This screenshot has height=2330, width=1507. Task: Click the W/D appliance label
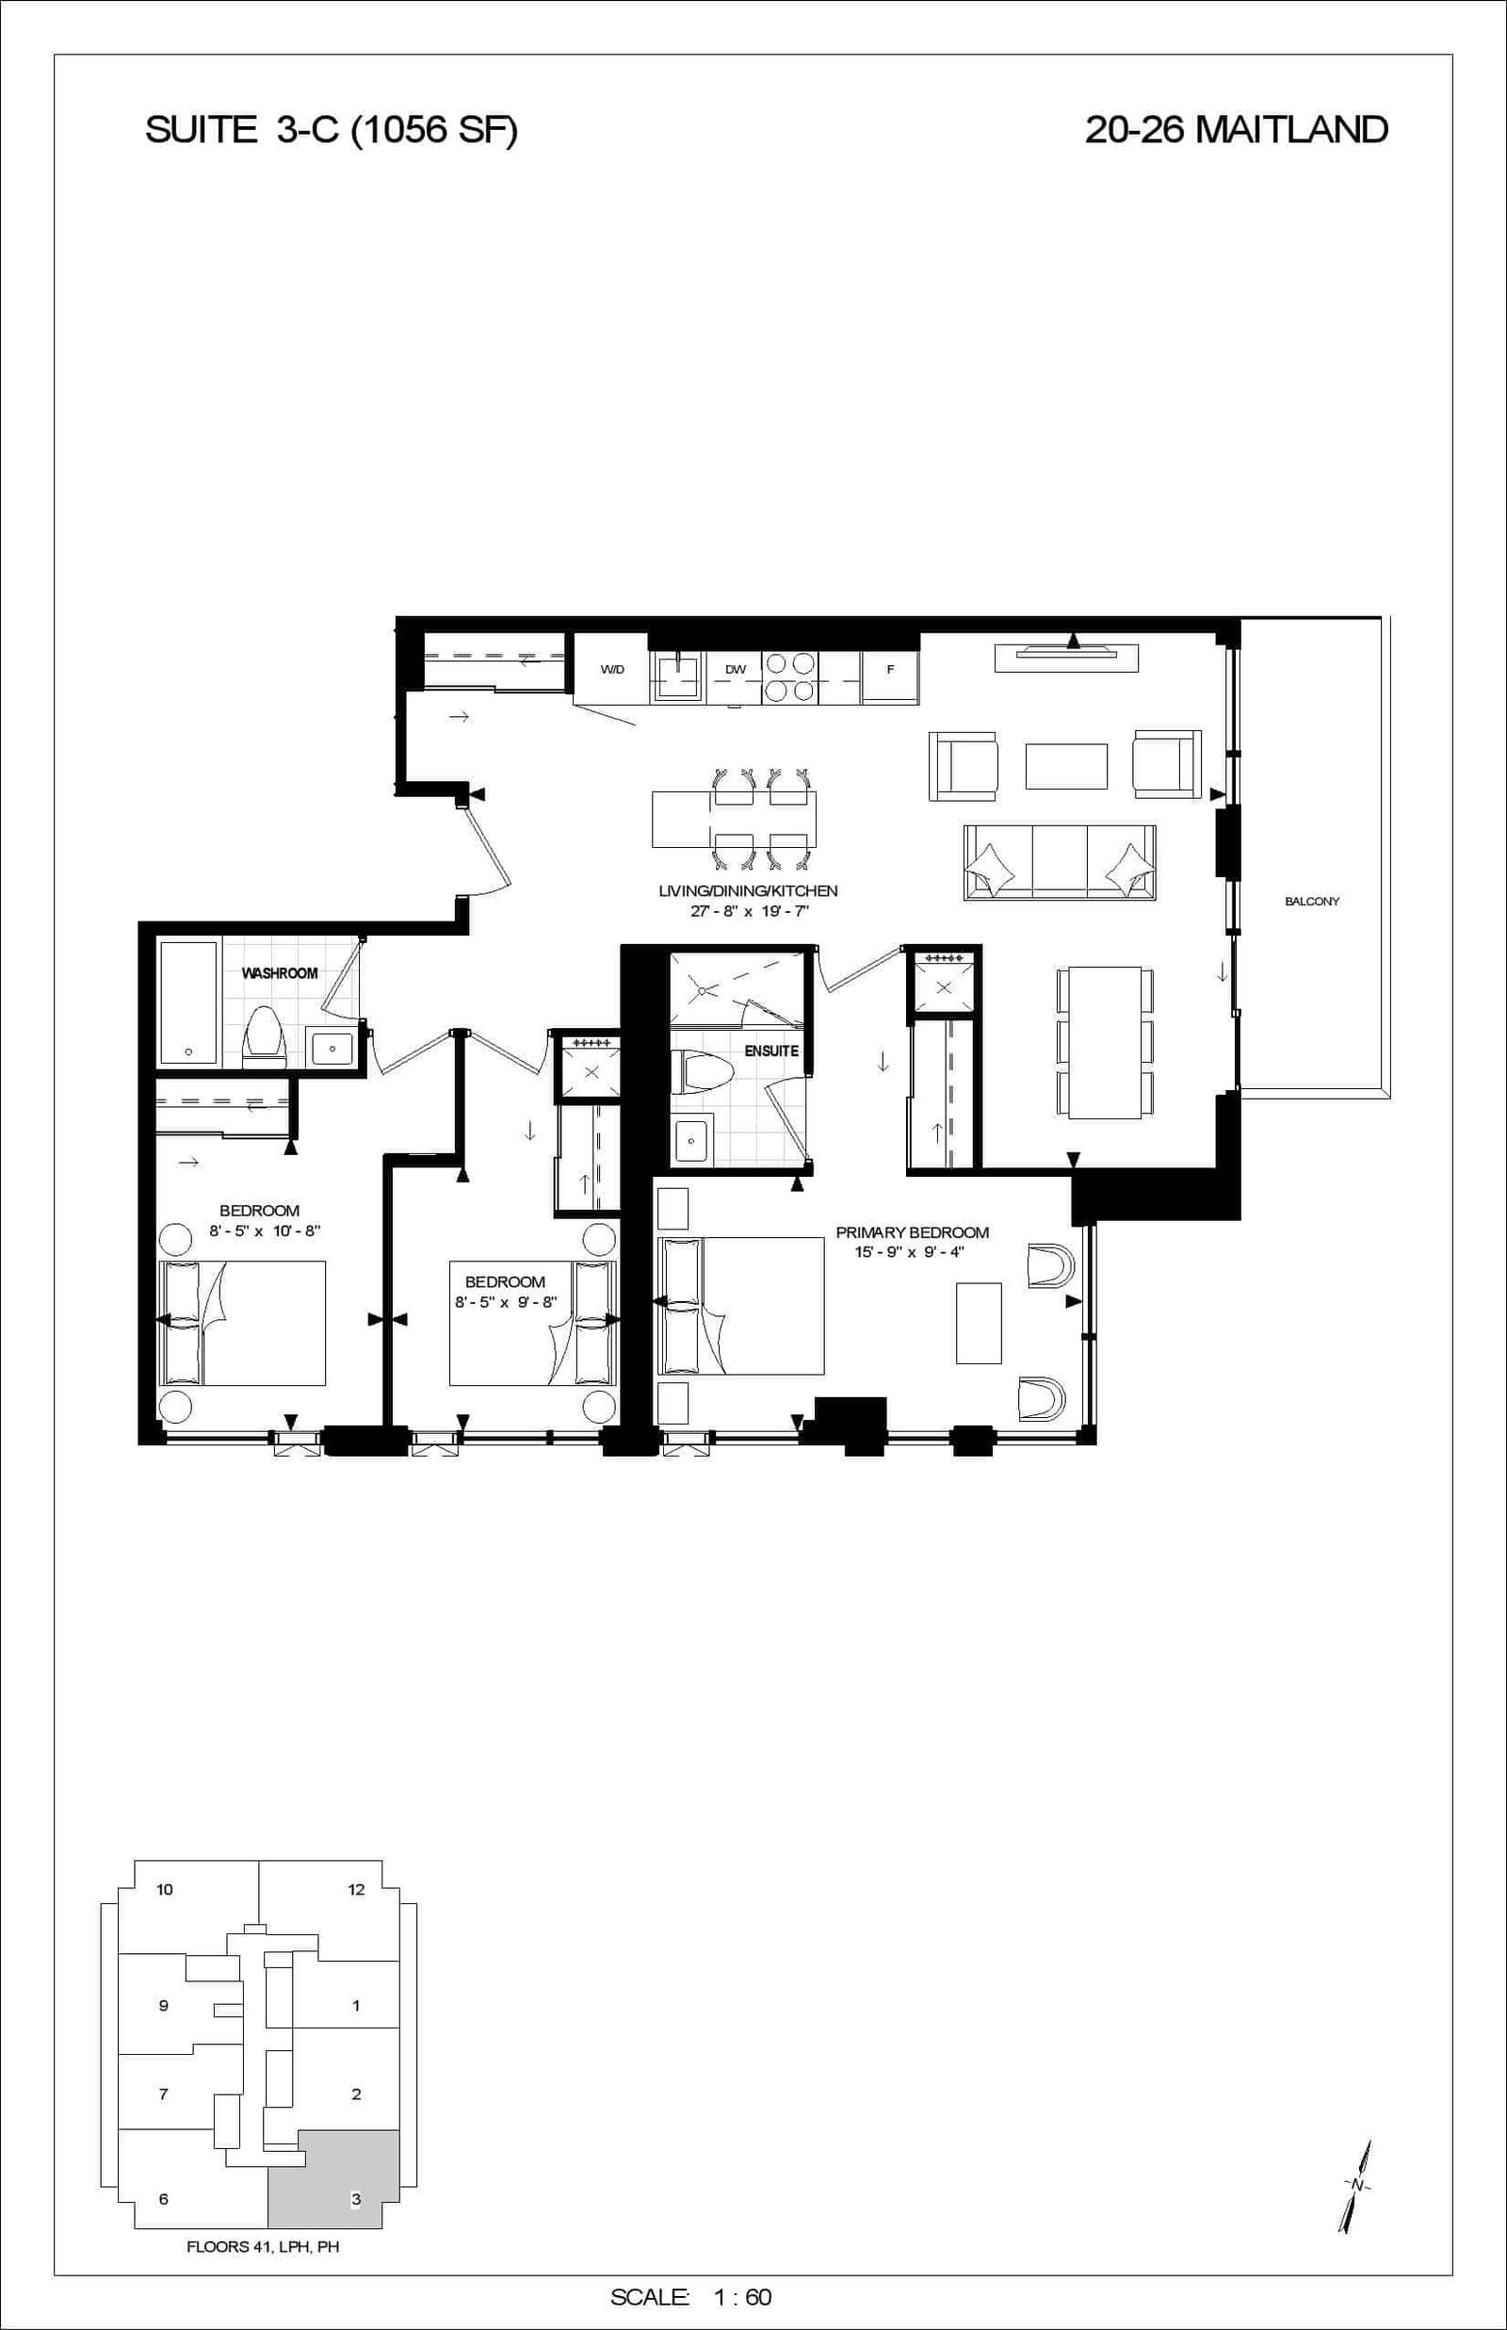[611, 669]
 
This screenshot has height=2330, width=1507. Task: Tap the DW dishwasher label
[736, 669]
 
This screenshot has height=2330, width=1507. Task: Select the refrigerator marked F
[890, 669]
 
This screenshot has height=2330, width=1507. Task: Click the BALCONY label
[1311, 902]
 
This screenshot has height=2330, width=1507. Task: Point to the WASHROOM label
[280, 972]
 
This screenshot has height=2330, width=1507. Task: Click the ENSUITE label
[772, 1051]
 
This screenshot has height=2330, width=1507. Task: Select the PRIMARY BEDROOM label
[912, 1233]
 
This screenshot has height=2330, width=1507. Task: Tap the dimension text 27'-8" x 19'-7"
[749, 911]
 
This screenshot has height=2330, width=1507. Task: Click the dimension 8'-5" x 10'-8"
[266, 1231]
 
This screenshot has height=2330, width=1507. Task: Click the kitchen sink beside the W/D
[678, 676]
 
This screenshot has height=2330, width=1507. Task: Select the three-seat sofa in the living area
[1060, 862]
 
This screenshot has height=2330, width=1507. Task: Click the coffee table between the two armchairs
[1066, 766]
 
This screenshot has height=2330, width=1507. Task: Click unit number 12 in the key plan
[356, 1889]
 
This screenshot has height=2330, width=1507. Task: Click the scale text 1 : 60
[744, 2297]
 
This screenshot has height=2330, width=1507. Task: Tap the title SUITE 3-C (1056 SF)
[331, 130]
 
